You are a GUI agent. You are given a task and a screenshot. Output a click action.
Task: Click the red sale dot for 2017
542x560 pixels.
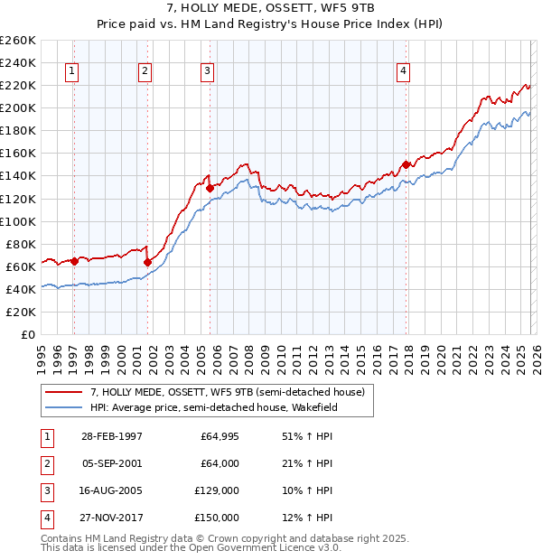406,164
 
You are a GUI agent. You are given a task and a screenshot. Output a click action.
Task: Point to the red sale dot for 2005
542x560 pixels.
210,189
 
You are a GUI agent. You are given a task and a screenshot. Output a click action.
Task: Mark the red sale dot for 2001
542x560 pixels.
147,262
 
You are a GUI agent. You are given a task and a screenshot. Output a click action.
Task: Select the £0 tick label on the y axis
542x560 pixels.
27,334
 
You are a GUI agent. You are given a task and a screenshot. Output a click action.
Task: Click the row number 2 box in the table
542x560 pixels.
44,464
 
